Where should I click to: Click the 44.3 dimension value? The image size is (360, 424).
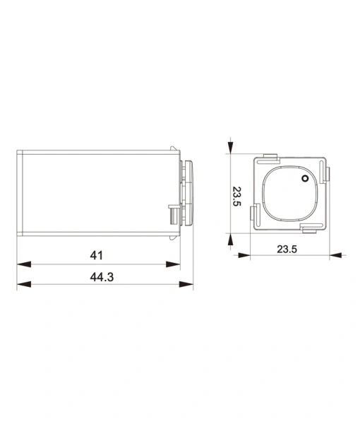point(102,277)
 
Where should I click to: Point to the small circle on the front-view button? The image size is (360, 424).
point(305,178)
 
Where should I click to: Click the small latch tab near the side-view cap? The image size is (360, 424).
point(171,213)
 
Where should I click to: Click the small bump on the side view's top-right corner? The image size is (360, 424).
point(172,148)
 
